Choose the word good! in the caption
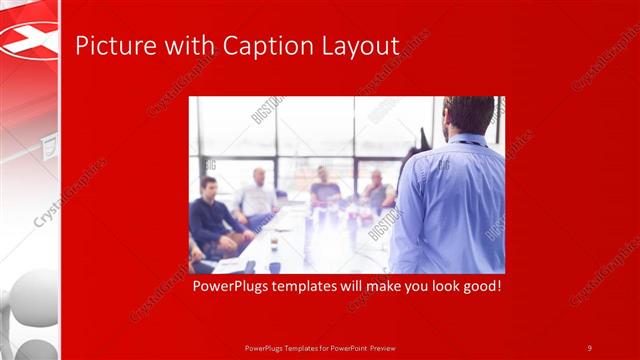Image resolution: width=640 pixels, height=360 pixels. coord(479,287)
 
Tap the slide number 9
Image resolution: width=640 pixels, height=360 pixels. coord(590,347)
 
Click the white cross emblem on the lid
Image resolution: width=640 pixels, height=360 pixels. coord(30,40)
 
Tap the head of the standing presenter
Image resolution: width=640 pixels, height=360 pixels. coord(469,116)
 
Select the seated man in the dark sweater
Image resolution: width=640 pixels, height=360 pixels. coord(211,215)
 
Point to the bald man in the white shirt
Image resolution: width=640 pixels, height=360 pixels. coord(257,195)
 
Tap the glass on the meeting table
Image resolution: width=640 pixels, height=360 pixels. coord(273,243)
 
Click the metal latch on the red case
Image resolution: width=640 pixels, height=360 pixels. coord(46,149)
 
